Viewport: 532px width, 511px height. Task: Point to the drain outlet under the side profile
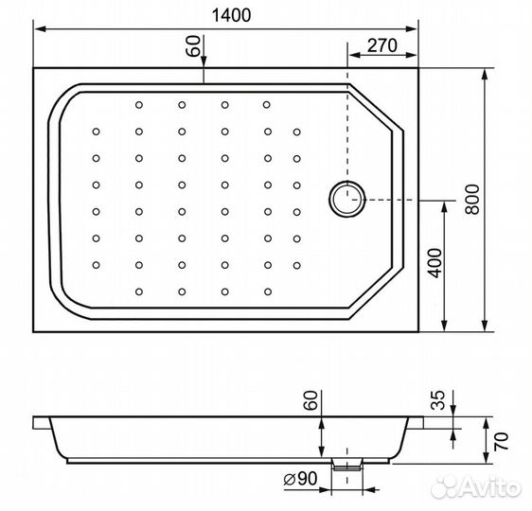point(348,466)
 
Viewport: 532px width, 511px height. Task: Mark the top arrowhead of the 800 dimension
point(486,72)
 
